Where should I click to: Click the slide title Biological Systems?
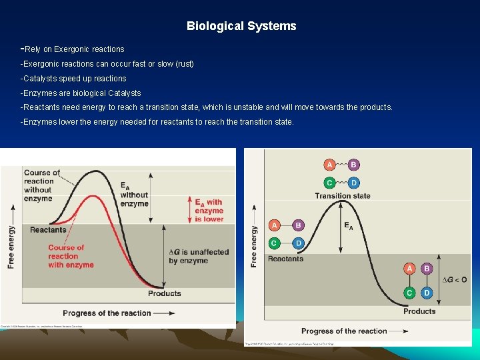(x=241, y=27)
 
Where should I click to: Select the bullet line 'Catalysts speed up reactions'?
(x=74, y=79)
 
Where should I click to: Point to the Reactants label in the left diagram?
(x=48, y=230)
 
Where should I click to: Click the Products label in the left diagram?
(x=164, y=293)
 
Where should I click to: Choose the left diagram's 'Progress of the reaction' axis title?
(x=107, y=313)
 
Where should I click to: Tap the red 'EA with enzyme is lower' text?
(x=209, y=210)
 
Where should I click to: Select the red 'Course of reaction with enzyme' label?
(x=71, y=256)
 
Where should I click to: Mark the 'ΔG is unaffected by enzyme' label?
(x=199, y=256)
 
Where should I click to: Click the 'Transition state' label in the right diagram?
(x=343, y=196)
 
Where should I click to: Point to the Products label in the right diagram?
(x=419, y=311)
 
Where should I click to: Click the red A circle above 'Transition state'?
(x=329, y=165)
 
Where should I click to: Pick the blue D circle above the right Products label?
(x=427, y=293)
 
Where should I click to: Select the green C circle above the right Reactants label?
(x=274, y=243)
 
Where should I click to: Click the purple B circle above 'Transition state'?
(x=354, y=165)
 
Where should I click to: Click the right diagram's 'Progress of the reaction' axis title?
(x=344, y=331)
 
